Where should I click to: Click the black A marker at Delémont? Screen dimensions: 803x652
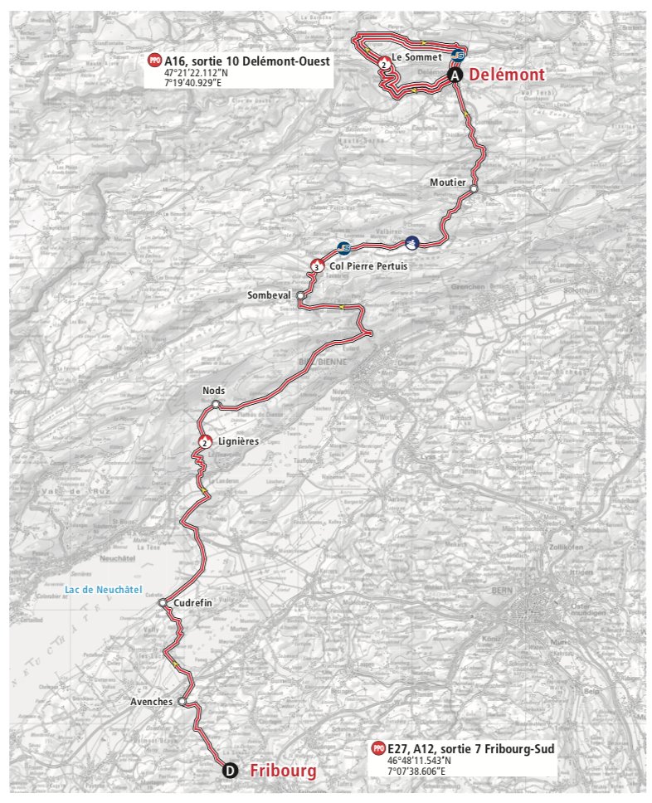point(455,75)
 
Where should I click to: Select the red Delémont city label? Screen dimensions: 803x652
point(507,75)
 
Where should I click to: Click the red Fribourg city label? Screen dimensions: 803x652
point(283,771)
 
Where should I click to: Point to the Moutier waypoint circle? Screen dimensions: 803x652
point(474,189)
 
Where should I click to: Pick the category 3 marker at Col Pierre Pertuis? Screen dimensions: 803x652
point(317,266)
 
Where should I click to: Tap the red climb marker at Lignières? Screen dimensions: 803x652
point(204,442)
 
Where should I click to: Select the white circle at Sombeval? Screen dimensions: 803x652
point(300,295)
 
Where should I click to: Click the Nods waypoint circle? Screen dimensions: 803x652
point(216,404)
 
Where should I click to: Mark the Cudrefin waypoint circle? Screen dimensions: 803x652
point(163,604)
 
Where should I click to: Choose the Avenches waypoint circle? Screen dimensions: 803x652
point(182,701)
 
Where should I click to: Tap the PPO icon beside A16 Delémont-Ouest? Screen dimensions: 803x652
point(154,61)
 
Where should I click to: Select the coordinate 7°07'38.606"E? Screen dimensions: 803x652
point(416,771)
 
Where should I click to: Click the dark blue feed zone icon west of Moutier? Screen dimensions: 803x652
point(411,242)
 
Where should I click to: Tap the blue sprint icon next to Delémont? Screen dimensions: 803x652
point(457,56)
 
